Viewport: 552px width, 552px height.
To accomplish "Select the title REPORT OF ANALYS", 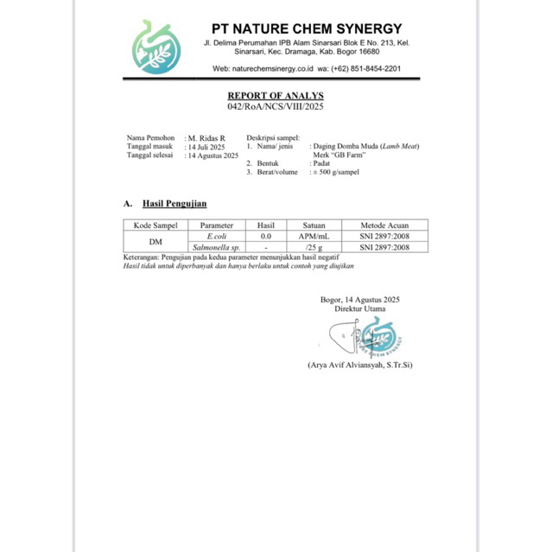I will tap(275, 96).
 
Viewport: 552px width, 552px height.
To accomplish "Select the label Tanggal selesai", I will tap(150, 155).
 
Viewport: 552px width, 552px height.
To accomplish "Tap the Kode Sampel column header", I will tap(155, 225).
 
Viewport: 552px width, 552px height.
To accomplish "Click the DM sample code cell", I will tap(155, 242).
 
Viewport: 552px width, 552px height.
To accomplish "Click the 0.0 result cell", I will tap(266, 236).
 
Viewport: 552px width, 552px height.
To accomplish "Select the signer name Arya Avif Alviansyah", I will tap(359, 365).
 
